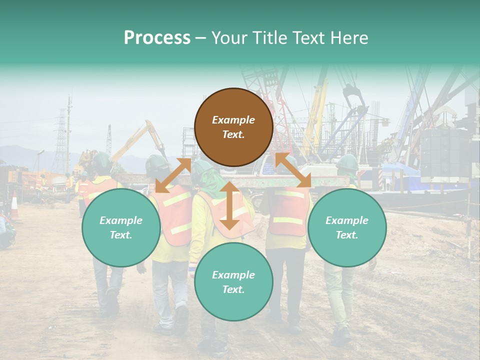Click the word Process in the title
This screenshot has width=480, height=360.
[157, 38]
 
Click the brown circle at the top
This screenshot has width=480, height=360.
[233, 127]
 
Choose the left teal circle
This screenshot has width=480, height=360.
[121, 227]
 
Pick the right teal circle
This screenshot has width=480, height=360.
[347, 227]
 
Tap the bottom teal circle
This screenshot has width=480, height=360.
[233, 282]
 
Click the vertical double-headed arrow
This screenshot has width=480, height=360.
[229, 205]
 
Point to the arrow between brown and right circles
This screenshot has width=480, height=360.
[292, 171]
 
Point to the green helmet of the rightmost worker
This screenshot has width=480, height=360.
[347, 162]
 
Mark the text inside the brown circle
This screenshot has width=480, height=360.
[233, 127]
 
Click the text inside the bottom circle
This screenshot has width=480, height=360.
[233, 282]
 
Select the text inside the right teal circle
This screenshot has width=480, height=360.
[347, 227]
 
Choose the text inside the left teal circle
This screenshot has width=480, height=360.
[121, 227]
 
